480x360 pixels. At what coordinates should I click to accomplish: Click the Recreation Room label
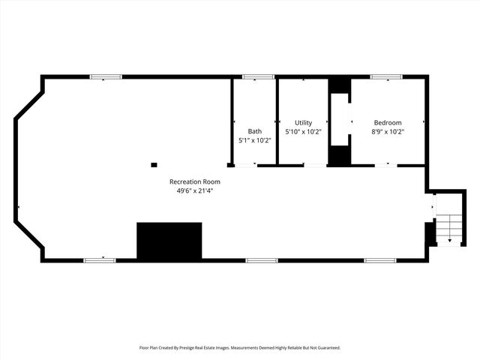click(x=195, y=181)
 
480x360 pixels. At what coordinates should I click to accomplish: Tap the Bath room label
click(x=255, y=131)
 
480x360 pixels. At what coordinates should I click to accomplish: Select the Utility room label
click(x=303, y=122)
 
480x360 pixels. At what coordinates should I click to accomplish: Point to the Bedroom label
click(x=387, y=122)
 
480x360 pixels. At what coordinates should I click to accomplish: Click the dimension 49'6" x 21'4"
click(x=195, y=190)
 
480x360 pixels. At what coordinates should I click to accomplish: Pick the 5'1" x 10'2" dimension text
click(x=255, y=140)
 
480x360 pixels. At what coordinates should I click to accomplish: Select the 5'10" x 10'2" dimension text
click(x=303, y=131)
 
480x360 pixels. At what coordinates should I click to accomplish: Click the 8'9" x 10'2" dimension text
click(x=387, y=131)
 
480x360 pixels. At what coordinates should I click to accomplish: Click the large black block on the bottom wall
click(x=169, y=240)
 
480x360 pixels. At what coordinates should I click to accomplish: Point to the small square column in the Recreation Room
click(x=154, y=164)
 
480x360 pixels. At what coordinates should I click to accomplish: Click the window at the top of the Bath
click(x=258, y=76)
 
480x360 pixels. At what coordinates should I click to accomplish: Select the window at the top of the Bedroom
click(x=385, y=76)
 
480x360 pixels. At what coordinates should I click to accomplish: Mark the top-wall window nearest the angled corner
click(x=106, y=76)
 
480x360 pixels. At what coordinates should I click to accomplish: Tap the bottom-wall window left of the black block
click(x=100, y=260)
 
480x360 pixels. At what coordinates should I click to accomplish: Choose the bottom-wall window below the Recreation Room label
click(x=262, y=260)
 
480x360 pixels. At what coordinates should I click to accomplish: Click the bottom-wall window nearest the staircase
click(x=379, y=260)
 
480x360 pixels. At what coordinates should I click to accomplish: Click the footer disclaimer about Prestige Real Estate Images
click(x=240, y=347)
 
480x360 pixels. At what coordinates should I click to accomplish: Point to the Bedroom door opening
click(x=387, y=165)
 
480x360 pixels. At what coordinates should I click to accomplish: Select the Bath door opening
click(x=245, y=165)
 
